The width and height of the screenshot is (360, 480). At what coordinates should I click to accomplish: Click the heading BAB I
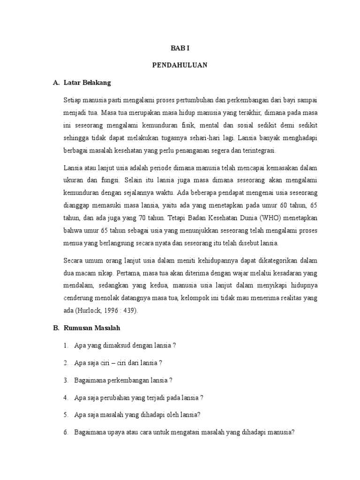(x=180, y=48)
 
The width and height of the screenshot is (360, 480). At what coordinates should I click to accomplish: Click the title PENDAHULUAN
(x=180, y=66)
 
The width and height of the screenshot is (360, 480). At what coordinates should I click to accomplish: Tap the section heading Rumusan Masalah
(x=93, y=328)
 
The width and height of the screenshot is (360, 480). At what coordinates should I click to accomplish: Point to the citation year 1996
(x=112, y=310)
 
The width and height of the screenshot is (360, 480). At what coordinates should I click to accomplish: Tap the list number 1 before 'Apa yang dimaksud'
(x=66, y=345)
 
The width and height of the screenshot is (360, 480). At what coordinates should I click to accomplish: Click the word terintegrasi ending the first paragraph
(x=260, y=151)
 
